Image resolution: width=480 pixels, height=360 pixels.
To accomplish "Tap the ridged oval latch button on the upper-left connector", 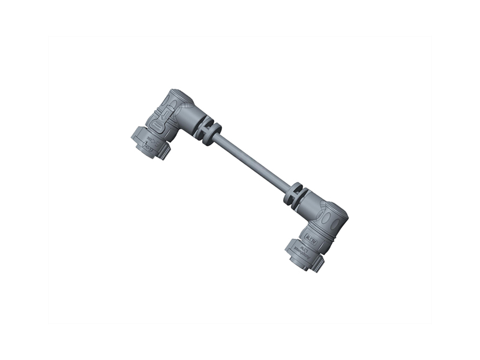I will click(158, 127).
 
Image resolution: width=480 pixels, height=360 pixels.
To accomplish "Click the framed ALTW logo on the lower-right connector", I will click(316, 238).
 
